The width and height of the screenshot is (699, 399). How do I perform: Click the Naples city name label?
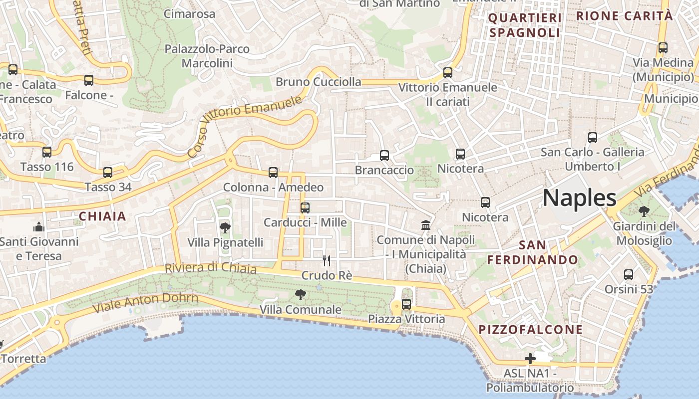pos(579,198)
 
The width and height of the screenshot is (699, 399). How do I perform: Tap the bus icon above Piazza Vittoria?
pos(406,304)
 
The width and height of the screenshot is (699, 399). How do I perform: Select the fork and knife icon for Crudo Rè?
pos(327,260)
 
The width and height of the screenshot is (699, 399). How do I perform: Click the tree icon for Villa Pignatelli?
pos(225,228)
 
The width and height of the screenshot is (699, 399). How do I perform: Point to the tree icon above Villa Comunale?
pos(300,295)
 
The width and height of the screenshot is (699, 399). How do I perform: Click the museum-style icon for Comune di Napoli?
pos(426,225)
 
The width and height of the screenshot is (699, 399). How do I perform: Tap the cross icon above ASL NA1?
pos(530,358)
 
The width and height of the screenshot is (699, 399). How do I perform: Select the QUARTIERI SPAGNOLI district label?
pos(525,25)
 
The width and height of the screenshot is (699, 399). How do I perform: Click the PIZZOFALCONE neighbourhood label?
pos(531,330)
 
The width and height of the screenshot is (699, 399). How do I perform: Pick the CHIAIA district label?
pos(102,216)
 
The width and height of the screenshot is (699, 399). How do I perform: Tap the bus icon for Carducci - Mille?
pos(305,207)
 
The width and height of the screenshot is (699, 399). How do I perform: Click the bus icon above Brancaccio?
pos(384,156)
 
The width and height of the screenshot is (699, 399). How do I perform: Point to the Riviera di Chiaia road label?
pos(210,268)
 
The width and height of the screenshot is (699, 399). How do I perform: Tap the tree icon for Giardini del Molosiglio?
pos(644,211)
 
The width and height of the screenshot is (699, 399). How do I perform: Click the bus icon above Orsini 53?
pos(629,274)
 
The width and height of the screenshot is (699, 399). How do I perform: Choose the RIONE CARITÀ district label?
pos(624,16)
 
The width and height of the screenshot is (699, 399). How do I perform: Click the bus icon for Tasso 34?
pos(108,173)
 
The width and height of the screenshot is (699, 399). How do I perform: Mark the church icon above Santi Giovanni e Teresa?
pos(39,227)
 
